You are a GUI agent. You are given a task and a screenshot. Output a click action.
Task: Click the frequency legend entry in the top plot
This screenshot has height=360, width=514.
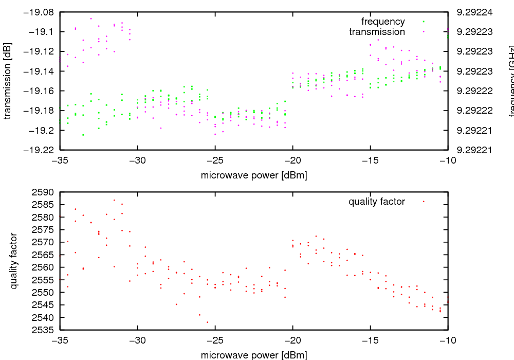[383, 22]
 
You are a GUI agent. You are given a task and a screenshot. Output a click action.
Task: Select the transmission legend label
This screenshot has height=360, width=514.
[377, 32]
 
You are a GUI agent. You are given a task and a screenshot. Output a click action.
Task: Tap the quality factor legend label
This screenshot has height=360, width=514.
[377, 202]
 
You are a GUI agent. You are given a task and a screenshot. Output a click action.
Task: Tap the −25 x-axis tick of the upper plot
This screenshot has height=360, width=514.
[215, 159]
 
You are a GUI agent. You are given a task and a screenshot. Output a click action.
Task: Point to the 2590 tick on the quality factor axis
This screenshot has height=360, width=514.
[43, 192]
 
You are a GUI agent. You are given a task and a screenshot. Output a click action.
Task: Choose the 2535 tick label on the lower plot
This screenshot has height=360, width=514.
[43, 330]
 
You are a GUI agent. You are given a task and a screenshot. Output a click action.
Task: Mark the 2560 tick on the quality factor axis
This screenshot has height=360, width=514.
[43, 267]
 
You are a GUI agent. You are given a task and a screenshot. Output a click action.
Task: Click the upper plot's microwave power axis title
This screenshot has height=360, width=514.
[254, 175]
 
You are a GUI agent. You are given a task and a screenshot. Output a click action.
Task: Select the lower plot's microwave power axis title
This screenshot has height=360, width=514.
[254, 355]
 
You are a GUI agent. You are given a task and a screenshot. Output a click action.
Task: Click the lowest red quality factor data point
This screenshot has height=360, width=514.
[208, 322]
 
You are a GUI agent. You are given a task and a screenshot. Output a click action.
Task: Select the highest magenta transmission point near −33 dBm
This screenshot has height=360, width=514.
[91, 19]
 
